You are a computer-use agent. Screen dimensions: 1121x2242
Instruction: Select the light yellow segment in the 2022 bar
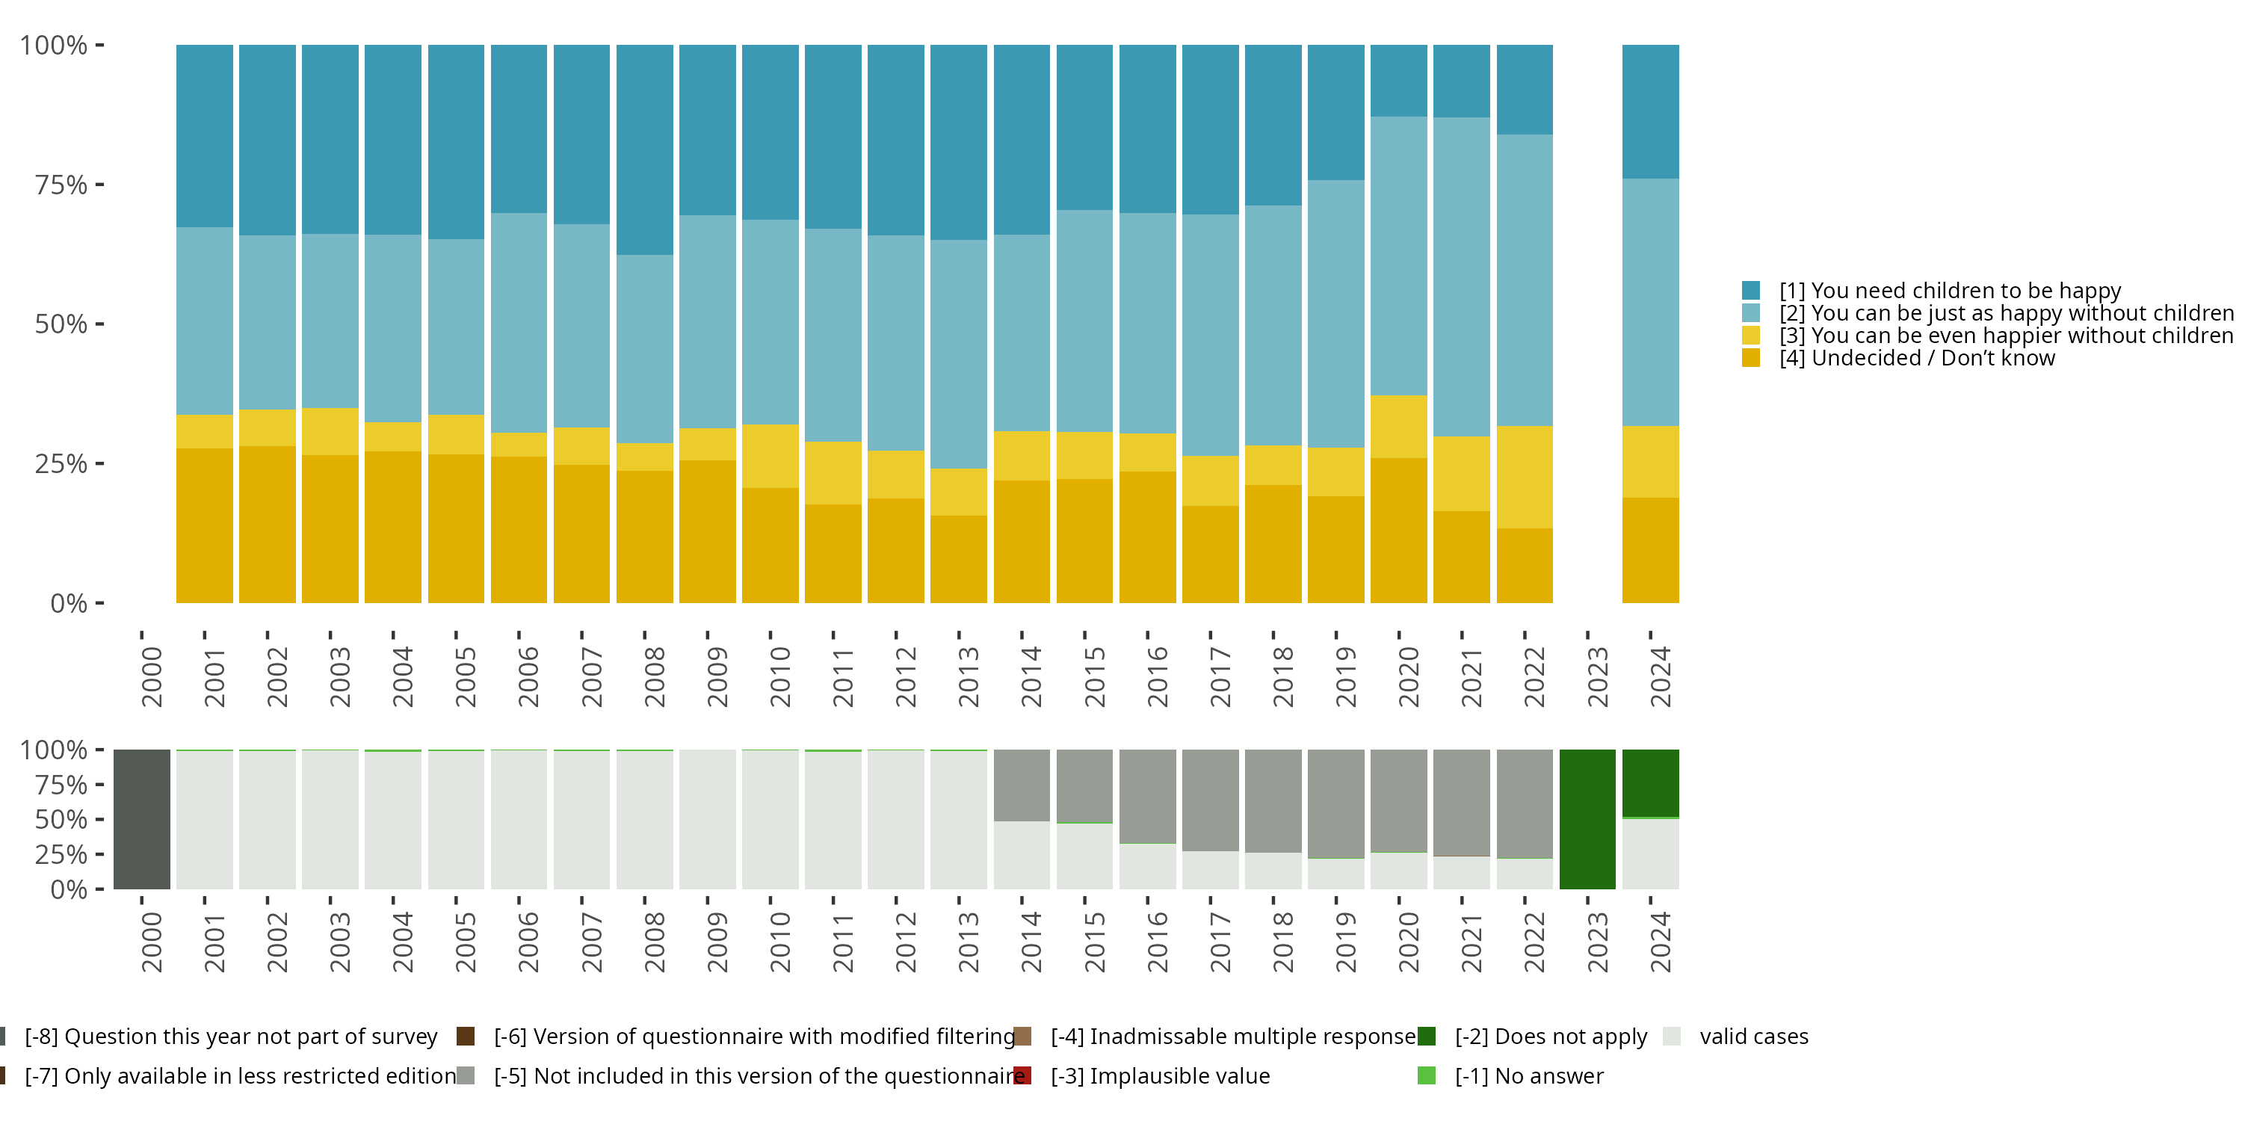click(1524, 477)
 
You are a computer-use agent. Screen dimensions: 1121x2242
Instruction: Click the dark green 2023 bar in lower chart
click(1587, 819)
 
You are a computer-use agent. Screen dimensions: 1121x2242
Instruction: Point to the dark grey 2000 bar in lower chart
click(142, 819)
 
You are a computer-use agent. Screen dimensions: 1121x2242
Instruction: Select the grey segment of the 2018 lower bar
click(1273, 800)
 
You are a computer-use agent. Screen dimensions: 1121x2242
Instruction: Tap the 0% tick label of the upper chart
click(69, 603)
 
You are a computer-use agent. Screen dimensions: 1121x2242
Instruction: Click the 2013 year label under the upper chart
click(968, 677)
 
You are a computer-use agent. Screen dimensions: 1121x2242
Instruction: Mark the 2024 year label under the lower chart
click(1660, 942)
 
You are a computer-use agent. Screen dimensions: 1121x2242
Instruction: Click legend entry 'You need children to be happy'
click(1950, 290)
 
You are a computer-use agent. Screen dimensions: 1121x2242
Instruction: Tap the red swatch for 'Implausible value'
click(1022, 1075)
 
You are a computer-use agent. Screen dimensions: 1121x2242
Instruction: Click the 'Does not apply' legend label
click(1551, 1037)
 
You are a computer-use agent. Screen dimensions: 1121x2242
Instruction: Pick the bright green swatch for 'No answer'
click(1427, 1075)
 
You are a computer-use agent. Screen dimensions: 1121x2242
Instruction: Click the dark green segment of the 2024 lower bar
click(1650, 783)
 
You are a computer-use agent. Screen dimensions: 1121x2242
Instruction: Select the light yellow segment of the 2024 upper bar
click(1650, 461)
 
